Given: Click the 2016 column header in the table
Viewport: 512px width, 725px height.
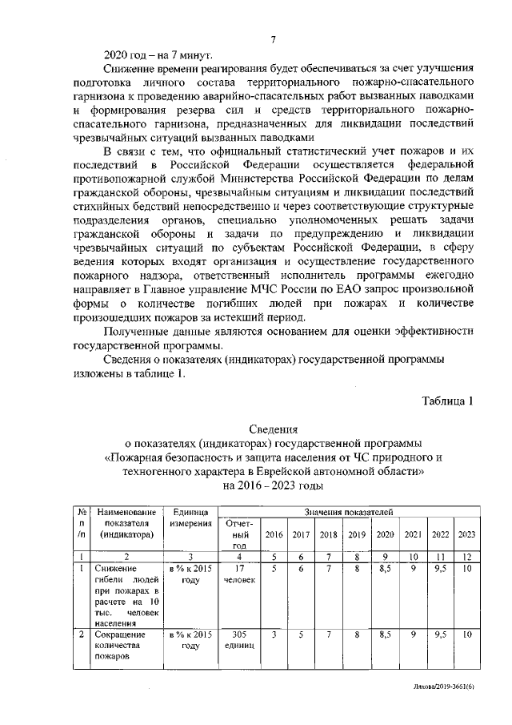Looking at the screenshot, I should [x=274, y=534].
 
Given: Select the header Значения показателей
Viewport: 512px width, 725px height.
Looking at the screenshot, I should [x=348, y=510].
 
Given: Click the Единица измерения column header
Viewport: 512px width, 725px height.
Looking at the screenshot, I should [x=190, y=517].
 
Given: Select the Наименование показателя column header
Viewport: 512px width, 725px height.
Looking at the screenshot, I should [x=126, y=522].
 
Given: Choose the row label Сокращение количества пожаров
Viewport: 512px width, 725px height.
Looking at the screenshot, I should [x=120, y=646].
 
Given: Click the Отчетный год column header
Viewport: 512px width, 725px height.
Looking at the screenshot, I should [x=237, y=534].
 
